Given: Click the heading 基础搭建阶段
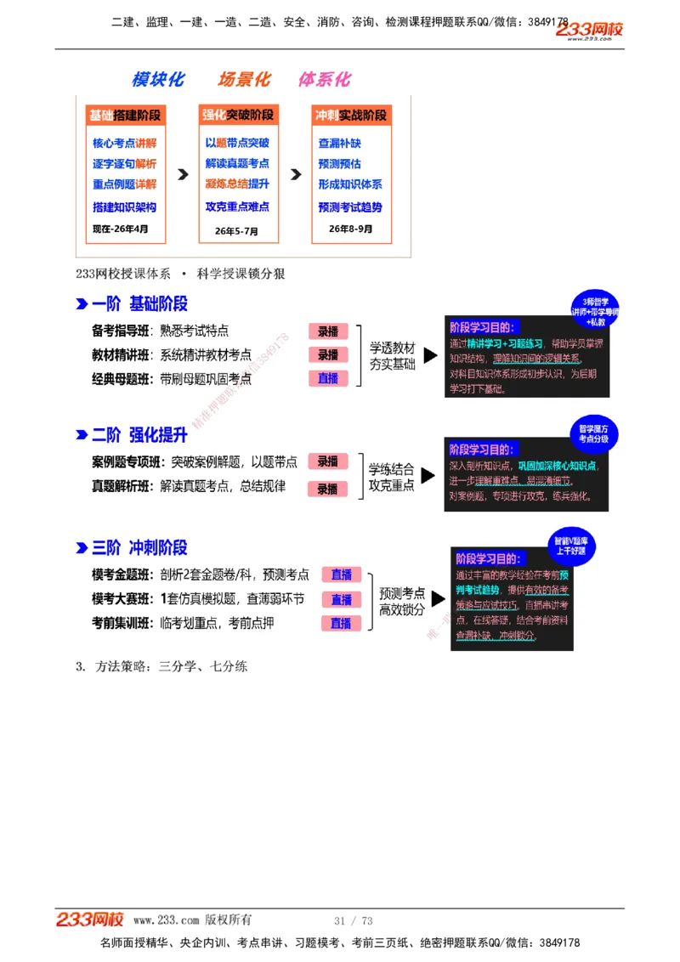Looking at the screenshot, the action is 125,116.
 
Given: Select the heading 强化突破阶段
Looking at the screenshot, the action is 238,116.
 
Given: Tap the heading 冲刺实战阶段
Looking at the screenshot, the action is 350,116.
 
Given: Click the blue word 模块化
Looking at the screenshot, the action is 158,79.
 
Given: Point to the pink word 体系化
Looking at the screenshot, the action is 324,79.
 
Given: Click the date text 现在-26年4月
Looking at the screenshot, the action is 120,229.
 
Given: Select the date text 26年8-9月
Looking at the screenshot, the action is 350,229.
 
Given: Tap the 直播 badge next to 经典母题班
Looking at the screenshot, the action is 328,378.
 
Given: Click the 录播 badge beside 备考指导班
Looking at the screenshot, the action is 328,331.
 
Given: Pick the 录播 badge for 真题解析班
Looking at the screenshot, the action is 328,489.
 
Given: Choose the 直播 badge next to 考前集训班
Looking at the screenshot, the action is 341,623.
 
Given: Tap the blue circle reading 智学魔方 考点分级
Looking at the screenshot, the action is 593,433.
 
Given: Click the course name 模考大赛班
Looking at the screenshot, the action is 120,598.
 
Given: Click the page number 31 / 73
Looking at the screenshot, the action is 354,921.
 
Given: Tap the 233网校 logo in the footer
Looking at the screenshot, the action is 90,920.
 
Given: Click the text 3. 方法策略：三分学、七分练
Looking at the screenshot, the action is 161,667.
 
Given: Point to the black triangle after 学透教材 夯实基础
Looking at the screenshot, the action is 431,355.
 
